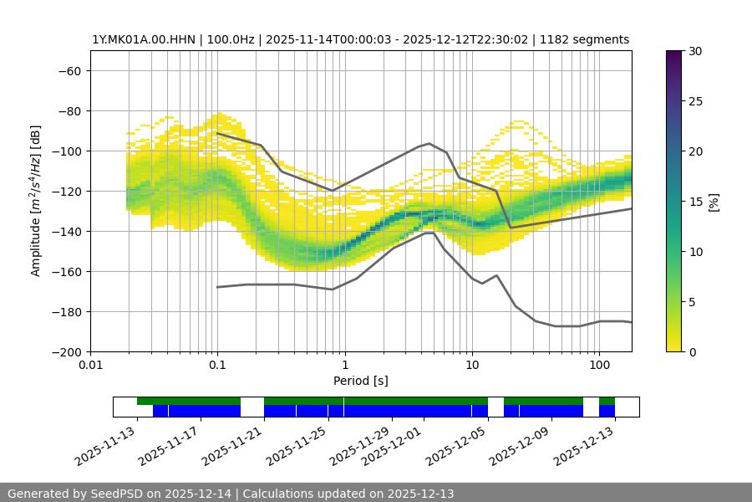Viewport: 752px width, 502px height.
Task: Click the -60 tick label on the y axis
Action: (x=70, y=71)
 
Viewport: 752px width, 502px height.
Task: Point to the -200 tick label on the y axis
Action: (x=67, y=352)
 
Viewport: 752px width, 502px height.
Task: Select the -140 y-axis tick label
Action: (x=67, y=232)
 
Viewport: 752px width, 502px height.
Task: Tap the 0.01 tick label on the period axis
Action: (x=90, y=366)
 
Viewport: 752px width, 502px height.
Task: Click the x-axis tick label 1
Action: (x=344, y=366)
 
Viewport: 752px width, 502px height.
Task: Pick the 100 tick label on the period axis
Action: (x=598, y=366)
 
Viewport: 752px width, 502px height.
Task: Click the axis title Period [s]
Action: (x=360, y=381)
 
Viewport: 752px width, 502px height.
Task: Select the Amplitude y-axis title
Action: (x=36, y=201)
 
